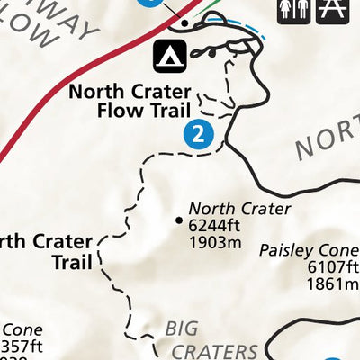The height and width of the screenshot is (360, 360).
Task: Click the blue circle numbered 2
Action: (x=198, y=135)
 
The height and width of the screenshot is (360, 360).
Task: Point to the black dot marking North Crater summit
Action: (x=178, y=219)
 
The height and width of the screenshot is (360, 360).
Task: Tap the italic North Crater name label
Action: (x=240, y=209)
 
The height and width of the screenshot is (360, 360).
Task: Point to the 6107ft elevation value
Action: (x=333, y=267)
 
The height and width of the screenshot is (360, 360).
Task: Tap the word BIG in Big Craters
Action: (x=184, y=328)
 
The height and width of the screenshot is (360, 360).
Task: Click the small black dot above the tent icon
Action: (x=184, y=23)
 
